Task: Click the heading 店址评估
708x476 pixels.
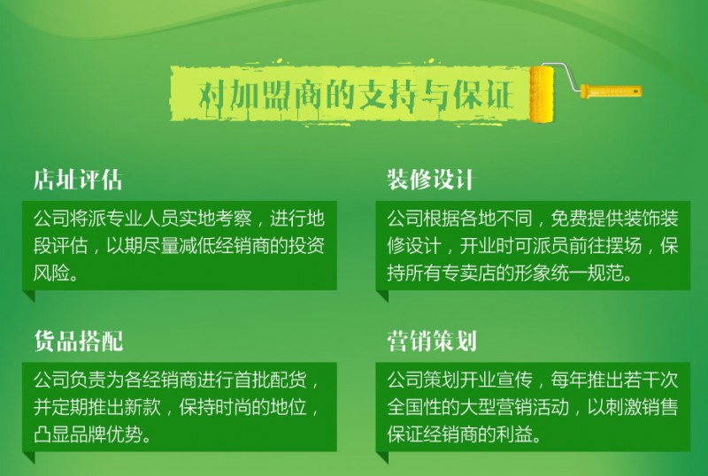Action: coord(78,180)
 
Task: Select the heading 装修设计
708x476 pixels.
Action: coord(430,180)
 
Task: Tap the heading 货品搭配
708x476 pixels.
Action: coord(79,341)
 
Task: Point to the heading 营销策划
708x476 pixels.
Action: coord(432,341)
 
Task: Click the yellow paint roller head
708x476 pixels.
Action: coord(542,94)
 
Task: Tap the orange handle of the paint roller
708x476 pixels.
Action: coord(611,90)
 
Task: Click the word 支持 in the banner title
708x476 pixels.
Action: coord(387,95)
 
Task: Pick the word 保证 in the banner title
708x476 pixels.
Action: coord(483,95)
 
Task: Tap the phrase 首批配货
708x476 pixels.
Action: coord(270,380)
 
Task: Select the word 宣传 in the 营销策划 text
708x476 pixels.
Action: coord(514,380)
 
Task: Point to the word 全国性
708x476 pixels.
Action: coord(414,407)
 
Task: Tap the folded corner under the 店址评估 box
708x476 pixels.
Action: coord(29,296)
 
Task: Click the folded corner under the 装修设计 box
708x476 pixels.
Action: coord(382,296)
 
